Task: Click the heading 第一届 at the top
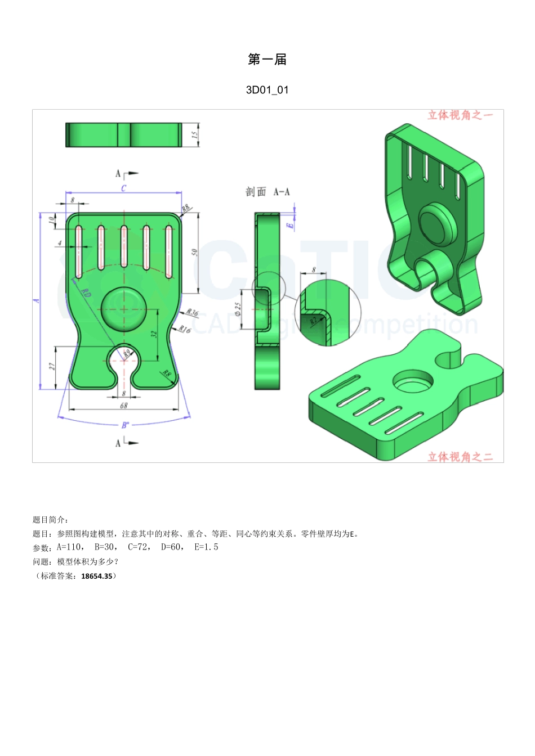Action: click(267, 60)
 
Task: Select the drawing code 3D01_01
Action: click(267, 90)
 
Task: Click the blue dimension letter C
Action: click(124, 188)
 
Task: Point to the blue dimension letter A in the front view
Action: click(37, 300)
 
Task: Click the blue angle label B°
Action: click(125, 425)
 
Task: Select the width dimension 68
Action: click(124, 405)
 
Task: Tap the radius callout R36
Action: click(192, 313)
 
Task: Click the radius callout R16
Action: click(185, 330)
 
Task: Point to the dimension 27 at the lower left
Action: click(52, 366)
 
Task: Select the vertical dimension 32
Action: click(154, 334)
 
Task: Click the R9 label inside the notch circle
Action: click(127, 353)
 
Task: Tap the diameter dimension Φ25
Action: click(238, 309)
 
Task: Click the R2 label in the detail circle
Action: click(313, 321)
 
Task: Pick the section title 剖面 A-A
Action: click(267, 192)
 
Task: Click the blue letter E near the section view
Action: click(291, 225)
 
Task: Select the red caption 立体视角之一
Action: click(460, 115)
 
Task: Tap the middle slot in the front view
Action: click(124, 246)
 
